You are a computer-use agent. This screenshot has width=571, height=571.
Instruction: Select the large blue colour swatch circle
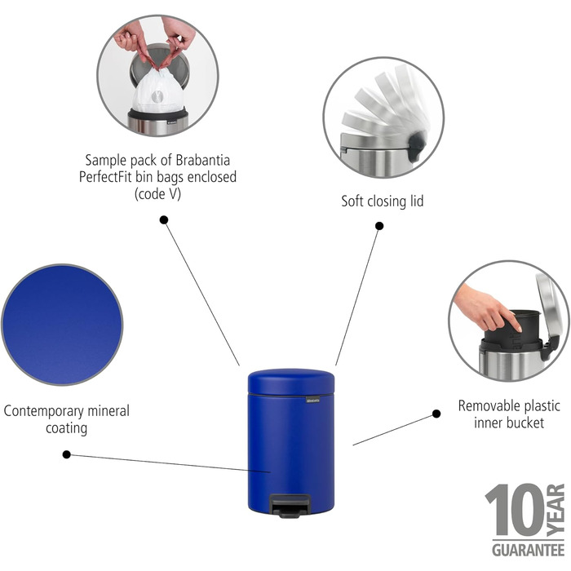61,323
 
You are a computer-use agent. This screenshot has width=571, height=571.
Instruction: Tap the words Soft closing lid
383,201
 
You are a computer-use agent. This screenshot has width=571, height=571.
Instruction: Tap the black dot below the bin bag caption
164,219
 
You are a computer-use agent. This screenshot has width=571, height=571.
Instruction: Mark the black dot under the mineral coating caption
66,454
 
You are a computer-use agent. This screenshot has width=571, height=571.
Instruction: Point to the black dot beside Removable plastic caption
436,414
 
